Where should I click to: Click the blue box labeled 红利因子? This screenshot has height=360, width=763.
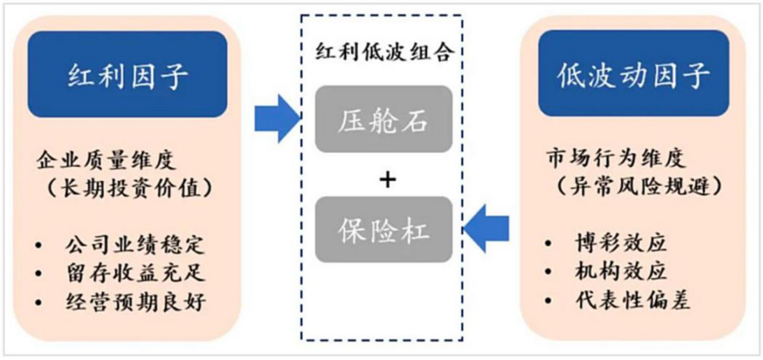pyautogui.click(x=127, y=75)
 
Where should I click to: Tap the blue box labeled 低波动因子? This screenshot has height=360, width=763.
pyautogui.click(x=633, y=75)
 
